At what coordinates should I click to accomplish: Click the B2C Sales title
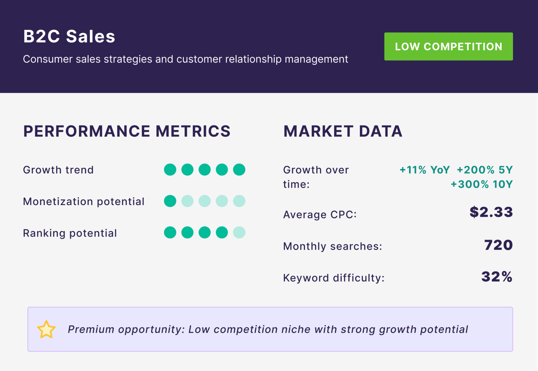click(69, 36)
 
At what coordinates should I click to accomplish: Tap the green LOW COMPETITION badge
click(449, 47)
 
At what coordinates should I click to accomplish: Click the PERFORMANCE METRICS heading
click(127, 131)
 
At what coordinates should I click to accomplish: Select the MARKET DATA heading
click(343, 131)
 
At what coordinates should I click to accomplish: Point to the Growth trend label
click(58, 170)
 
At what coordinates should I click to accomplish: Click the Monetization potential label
click(84, 201)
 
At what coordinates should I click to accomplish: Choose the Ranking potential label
click(70, 233)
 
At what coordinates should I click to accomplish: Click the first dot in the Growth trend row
click(170, 170)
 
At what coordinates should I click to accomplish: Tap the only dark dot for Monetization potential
click(170, 201)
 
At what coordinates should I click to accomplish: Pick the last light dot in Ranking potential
click(239, 232)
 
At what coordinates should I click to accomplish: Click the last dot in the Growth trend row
click(239, 170)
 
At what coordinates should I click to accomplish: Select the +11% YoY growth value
click(425, 170)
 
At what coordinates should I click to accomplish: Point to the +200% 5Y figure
click(485, 170)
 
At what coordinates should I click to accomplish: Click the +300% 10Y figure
click(482, 184)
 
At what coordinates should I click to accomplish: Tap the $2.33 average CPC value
click(491, 212)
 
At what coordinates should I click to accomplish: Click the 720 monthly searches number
click(498, 245)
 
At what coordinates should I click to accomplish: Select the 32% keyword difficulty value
click(497, 277)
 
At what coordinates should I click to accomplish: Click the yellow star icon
click(46, 330)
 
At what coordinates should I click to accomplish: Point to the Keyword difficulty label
click(334, 278)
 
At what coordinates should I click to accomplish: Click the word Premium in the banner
click(91, 329)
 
